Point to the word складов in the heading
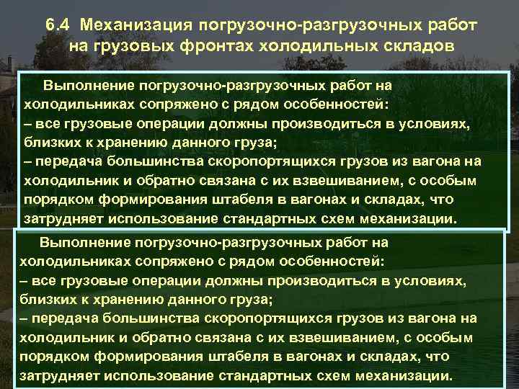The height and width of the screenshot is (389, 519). pyautogui.click(x=414, y=47)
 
